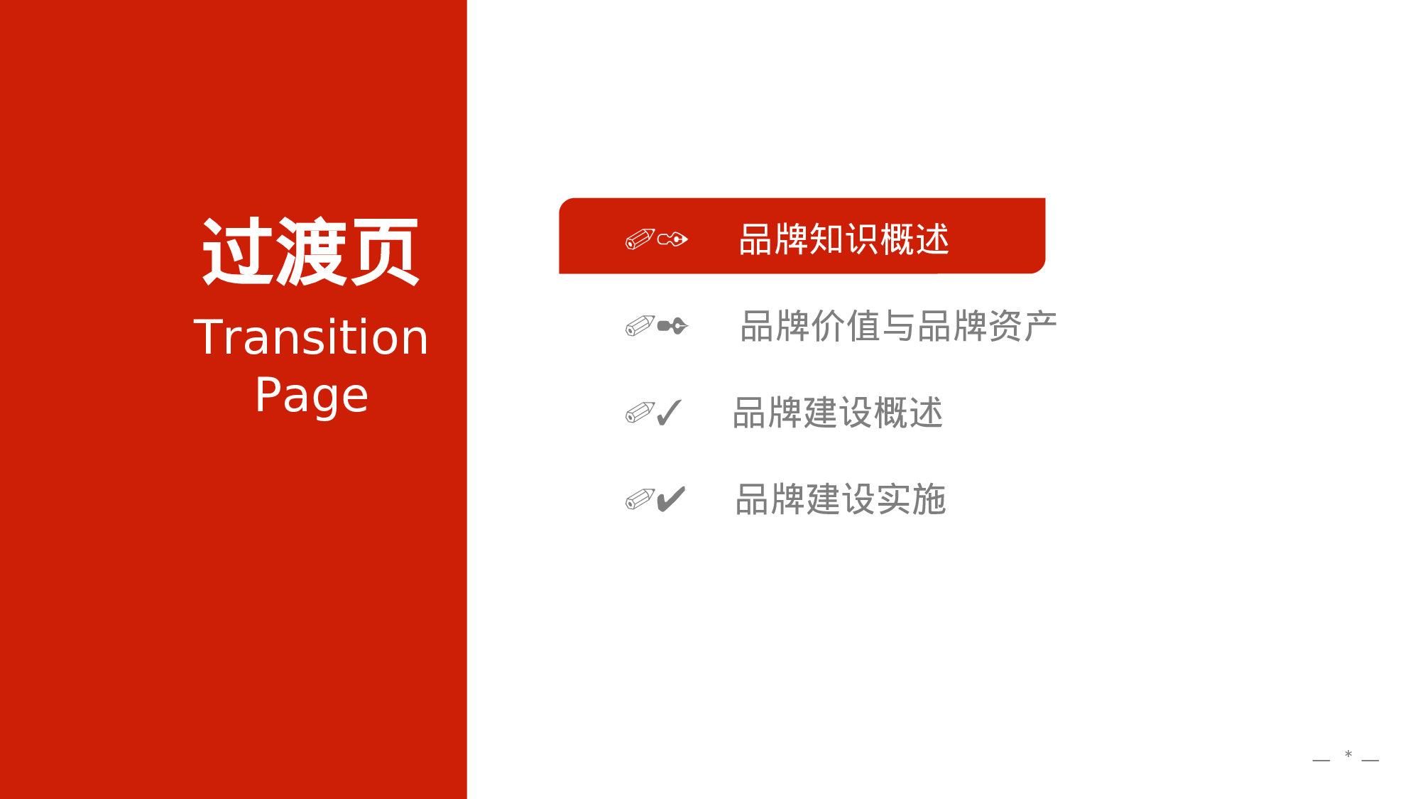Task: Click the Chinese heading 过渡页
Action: click(x=310, y=251)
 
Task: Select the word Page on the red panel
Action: click(x=311, y=395)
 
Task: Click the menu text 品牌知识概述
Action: click(x=843, y=239)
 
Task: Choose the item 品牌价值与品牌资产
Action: click(x=898, y=326)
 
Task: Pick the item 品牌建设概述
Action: click(x=838, y=413)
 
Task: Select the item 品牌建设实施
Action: click(x=841, y=499)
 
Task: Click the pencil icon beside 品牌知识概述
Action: click(x=639, y=239)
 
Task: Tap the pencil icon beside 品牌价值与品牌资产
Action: click(x=639, y=326)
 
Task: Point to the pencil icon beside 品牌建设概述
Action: click(x=639, y=413)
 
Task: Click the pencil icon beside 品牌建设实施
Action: click(x=639, y=499)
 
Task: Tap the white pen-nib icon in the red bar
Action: click(x=672, y=239)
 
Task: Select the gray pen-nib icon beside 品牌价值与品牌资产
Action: click(x=672, y=326)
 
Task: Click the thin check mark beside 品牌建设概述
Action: click(x=669, y=413)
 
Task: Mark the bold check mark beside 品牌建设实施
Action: click(x=671, y=499)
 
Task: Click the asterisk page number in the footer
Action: click(x=1348, y=755)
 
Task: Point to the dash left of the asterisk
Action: click(x=1321, y=760)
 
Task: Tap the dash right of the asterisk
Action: click(x=1370, y=760)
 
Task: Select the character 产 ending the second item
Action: click(x=1040, y=326)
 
